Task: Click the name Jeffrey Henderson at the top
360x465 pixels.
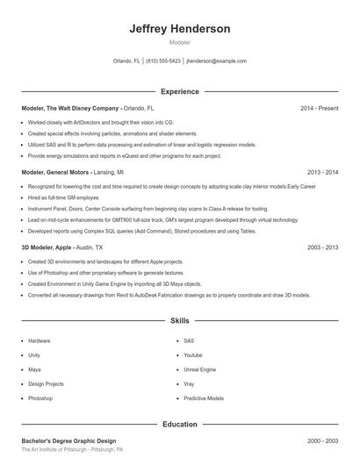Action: click(x=179, y=29)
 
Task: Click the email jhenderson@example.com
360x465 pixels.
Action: click(x=216, y=61)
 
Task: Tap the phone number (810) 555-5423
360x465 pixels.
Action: click(x=163, y=61)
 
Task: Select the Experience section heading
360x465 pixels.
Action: click(x=179, y=91)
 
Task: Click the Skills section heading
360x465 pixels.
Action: click(x=179, y=322)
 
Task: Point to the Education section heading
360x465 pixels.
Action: click(x=179, y=425)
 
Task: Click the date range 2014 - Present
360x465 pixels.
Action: click(x=319, y=108)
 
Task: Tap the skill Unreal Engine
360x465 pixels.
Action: click(x=201, y=369)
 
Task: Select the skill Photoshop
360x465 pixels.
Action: click(x=40, y=398)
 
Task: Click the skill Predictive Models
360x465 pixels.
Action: click(x=204, y=398)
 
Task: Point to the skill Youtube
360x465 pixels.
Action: click(x=193, y=355)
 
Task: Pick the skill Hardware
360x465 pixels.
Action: click(x=40, y=340)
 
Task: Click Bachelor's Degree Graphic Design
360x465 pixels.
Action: click(x=68, y=440)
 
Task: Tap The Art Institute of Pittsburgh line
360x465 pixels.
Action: click(x=72, y=449)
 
